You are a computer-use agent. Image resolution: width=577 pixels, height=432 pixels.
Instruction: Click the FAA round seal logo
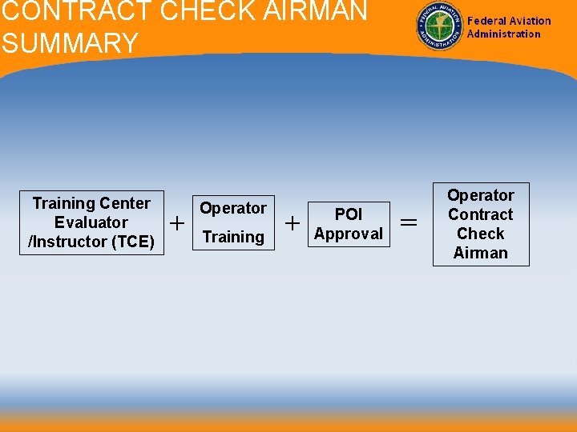point(439,27)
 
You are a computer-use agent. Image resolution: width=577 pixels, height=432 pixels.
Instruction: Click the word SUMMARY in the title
point(70,43)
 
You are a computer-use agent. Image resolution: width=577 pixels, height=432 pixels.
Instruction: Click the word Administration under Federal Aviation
point(504,34)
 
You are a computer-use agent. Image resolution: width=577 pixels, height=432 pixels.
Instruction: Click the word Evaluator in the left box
point(91,222)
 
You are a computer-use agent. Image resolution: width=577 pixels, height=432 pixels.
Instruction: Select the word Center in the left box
point(123,203)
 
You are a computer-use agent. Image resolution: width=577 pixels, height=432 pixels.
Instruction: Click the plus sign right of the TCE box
point(177,222)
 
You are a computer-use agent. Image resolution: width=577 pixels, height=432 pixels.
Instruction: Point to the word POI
point(349,214)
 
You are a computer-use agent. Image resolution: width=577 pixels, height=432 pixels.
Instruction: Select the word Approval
point(349,234)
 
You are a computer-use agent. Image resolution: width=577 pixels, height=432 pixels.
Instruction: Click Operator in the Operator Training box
point(233,208)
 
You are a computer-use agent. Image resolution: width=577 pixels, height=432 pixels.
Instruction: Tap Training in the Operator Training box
point(233,237)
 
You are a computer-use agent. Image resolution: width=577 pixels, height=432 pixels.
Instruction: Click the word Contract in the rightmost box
point(481,214)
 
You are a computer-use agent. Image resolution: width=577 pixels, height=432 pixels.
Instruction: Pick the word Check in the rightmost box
point(481,234)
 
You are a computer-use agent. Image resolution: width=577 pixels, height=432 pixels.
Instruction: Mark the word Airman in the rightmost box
point(481,253)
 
